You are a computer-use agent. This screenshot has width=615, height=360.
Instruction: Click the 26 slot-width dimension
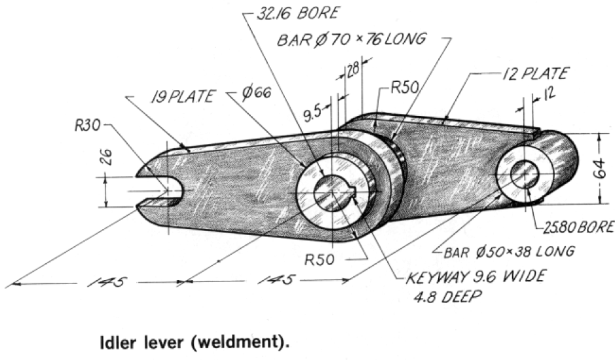pos(108,156)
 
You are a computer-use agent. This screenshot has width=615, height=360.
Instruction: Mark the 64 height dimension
pos(601,168)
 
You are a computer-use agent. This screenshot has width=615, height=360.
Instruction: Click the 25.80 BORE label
pos(578,227)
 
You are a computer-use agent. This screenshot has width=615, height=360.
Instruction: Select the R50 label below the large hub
pos(320,259)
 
